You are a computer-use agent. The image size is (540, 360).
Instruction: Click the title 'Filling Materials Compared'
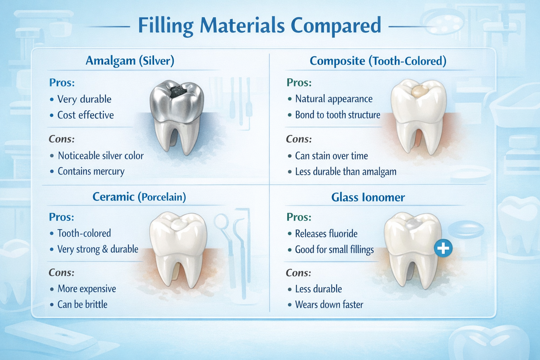pyautogui.click(x=259, y=25)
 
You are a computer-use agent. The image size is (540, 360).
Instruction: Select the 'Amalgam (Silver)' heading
pyautogui.click(x=130, y=61)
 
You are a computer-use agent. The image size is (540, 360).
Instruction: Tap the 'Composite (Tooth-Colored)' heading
pyautogui.click(x=378, y=61)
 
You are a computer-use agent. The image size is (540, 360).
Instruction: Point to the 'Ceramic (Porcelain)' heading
pyautogui.click(x=139, y=197)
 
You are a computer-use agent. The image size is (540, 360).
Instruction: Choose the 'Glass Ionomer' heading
pyautogui.click(x=368, y=198)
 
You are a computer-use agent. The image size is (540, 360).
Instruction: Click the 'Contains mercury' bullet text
pyautogui.click(x=91, y=172)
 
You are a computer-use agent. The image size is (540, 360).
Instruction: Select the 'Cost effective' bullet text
pyautogui.click(x=85, y=115)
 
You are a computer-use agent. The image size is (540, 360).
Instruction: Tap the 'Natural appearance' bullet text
pyautogui.click(x=334, y=99)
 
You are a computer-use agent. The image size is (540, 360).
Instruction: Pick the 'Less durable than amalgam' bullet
pyautogui.click(x=346, y=172)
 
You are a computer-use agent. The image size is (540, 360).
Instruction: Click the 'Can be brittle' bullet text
pyautogui.click(x=82, y=304)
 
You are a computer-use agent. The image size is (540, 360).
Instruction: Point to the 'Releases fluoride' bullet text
pyautogui.click(x=326, y=234)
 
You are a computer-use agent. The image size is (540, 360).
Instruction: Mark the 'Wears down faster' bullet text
pyautogui.click(x=329, y=305)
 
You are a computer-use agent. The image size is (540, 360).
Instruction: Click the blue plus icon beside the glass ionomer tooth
pyautogui.click(x=443, y=248)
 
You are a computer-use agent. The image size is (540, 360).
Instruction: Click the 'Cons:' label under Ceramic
pyautogui.click(x=62, y=273)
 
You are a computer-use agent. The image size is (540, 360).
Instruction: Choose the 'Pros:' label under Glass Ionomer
pyautogui.click(x=299, y=217)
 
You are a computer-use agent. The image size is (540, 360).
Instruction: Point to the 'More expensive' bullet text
pyautogui.click(x=86, y=289)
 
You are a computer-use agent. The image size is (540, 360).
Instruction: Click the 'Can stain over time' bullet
pyautogui.click(x=331, y=156)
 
